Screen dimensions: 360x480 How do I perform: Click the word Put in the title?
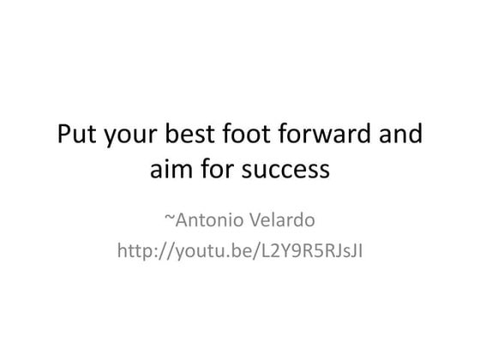tap(78, 135)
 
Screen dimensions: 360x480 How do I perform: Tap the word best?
tap(201, 135)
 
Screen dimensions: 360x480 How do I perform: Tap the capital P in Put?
tap(64, 135)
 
